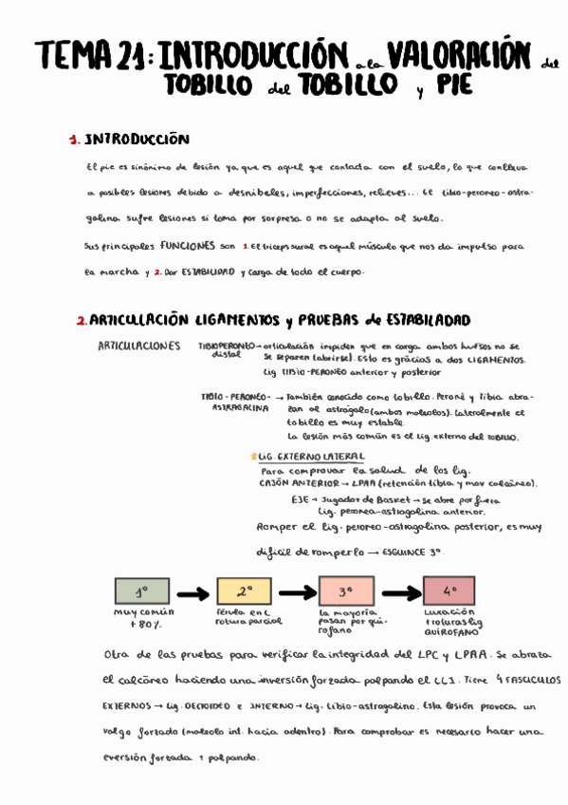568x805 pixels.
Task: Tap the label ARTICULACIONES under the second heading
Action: click(x=139, y=346)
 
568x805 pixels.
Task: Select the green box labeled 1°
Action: click(x=141, y=591)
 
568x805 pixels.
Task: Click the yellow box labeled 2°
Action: click(x=245, y=591)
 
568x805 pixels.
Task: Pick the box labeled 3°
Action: click(x=346, y=591)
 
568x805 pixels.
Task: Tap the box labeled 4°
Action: click(x=449, y=591)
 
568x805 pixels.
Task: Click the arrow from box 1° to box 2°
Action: click(x=192, y=593)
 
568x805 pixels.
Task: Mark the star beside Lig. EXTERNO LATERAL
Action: click(x=252, y=456)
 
